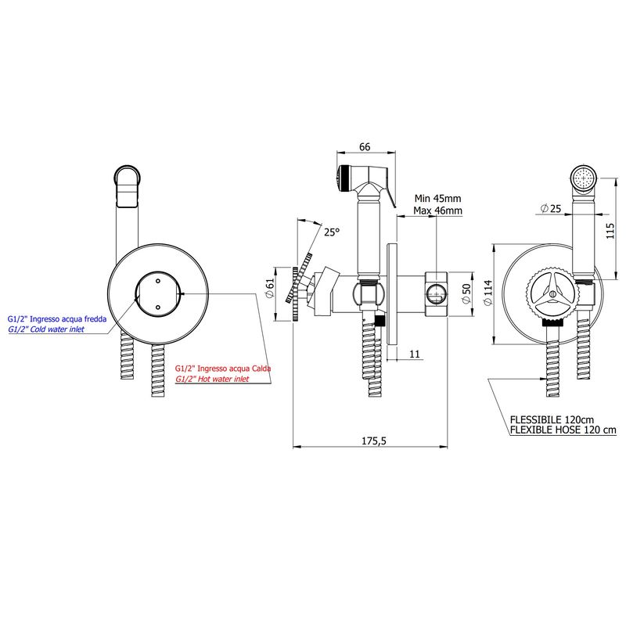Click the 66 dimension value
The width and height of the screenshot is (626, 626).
click(365, 147)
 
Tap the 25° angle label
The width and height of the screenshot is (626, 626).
click(331, 232)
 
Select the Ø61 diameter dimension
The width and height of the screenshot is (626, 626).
click(270, 288)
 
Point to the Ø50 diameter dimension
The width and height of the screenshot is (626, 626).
click(466, 294)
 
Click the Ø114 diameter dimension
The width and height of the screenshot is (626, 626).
click(487, 293)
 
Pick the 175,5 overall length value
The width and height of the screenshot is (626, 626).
click(374, 441)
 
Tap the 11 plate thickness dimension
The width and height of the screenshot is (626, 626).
click(415, 354)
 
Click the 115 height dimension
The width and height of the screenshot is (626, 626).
click(610, 231)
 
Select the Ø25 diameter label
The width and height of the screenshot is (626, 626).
click(551, 208)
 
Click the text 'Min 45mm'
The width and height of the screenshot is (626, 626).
click(437, 198)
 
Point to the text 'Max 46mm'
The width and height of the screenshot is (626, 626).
click(437, 210)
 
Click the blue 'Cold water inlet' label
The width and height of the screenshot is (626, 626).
click(46, 329)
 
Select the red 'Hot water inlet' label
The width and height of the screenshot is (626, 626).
click(212, 379)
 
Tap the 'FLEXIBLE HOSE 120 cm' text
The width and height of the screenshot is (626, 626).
click(563, 430)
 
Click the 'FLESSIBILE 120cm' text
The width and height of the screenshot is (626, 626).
click(552, 419)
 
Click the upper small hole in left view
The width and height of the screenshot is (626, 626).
click(158, 281)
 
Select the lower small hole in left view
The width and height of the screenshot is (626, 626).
click(158, 308)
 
